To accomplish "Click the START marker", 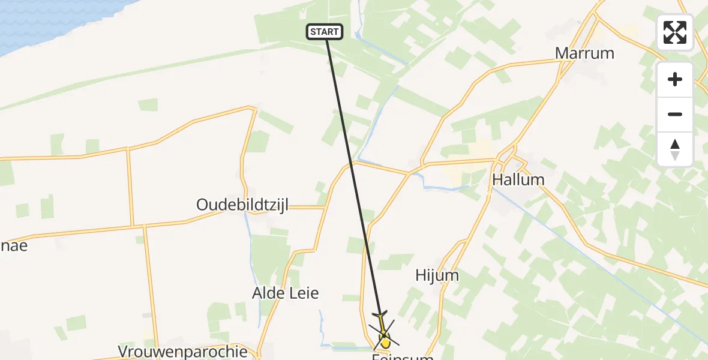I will (x=325, y=32).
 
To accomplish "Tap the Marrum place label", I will (x=584, y=53).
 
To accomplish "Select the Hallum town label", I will (x=518, y=179).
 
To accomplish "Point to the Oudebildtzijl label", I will (x=242, y=205).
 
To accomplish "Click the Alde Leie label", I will (x=285, y=293).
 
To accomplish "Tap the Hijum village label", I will (x=437, y=275).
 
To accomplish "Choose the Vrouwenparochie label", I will (x=183, y=351).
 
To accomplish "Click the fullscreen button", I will (x=675, y=32).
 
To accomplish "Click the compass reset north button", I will (x=675, y=149).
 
